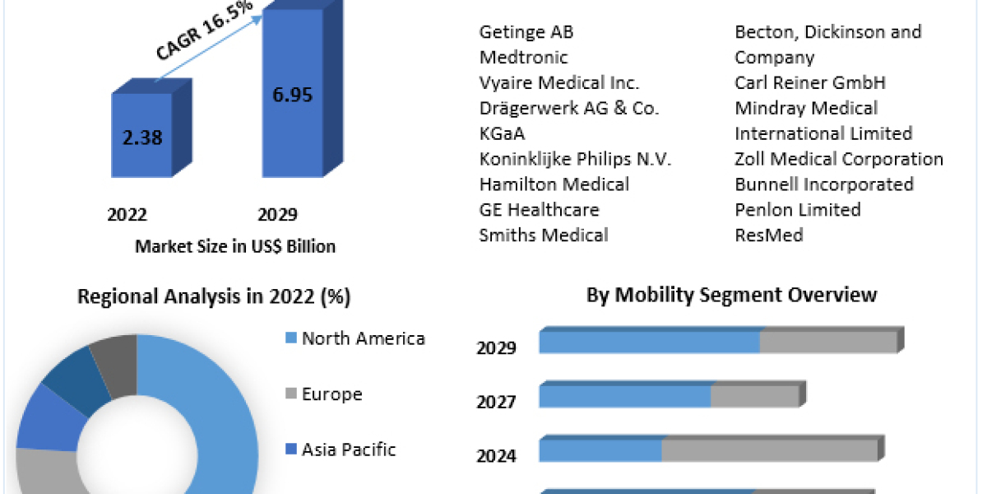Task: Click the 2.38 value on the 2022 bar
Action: (x=142, y=137)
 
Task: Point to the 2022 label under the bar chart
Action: (x=127, y=215)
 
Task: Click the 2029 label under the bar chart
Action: (x=278, y=215)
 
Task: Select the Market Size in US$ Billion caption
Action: (x=235, y=246)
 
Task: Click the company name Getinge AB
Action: (x=526, y=32)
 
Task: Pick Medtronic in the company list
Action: (x=524, y=58)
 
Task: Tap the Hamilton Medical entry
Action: (x=554, y=184)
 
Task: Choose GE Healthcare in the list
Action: (x=540, y=210)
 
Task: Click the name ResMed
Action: (x=769, y=235)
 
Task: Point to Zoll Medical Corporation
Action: (x=839, y=159)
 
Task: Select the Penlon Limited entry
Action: (x=798, y=210)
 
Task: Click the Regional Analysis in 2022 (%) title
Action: (x=214, y=296)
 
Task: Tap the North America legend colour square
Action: (x=290, y=338)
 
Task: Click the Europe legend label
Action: (x=332, y=394)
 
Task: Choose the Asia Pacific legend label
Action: (x=349, y=450)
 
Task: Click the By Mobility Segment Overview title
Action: (x=731, y=295)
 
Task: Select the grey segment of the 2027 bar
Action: (x=754, y=396)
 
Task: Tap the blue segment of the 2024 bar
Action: (x=601, y=450)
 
